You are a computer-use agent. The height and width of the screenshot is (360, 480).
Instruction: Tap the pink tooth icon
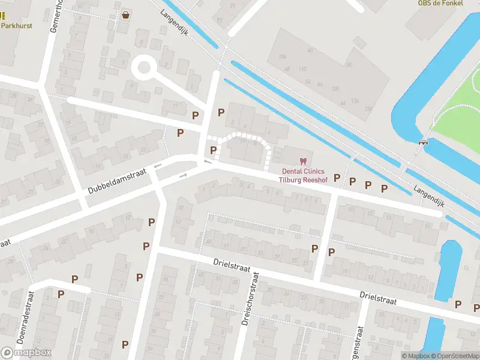[x=302, y=161]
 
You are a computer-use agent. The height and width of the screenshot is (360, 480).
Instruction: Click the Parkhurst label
[x=16, y=26]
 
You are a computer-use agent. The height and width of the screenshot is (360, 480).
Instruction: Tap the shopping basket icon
[x=125, y=15]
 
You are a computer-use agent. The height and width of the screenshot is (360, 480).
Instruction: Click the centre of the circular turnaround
[x=145, y=67]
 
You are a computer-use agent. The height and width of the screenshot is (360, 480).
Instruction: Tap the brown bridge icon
[x=424, y=142]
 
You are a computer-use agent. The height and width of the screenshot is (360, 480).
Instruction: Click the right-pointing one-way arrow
[x=183, y=175]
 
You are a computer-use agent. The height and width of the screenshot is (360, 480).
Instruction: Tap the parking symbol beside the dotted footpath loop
[x=213, y=150]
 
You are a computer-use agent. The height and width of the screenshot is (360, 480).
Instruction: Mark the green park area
[x=459, y=123]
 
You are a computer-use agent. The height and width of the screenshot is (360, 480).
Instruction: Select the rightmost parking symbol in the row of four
[x=384, y=188]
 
